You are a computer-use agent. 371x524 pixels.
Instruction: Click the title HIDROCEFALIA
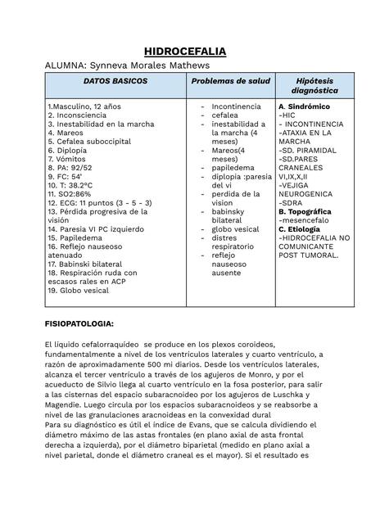click(185, 51)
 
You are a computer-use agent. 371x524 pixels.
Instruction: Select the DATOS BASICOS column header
click(115, 82)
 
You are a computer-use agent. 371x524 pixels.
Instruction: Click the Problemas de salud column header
click(230, 82)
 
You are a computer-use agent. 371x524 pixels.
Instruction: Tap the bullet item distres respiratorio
click(235, 241)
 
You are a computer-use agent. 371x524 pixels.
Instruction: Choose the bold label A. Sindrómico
click(304, 106)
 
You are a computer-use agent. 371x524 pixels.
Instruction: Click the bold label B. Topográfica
click(305, 211)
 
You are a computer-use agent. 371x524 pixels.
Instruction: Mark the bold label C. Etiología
click(301, 229)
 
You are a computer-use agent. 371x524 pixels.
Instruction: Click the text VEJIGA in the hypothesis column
click(298, 186)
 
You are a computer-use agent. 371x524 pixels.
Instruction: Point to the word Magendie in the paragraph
click(70, 403)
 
